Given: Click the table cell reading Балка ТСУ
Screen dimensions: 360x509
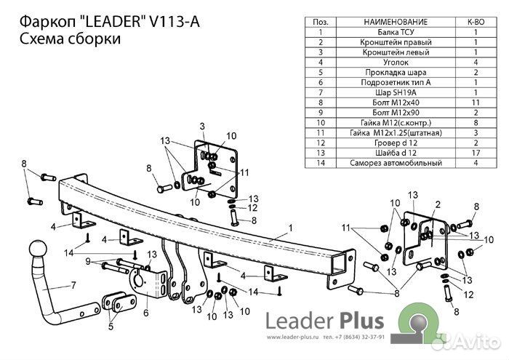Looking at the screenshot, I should (393, 33).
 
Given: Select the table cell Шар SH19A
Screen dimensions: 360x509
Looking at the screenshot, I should (393, 93).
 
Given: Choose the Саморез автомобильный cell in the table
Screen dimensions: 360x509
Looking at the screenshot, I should (393, 163).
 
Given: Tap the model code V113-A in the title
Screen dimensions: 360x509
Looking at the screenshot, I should (172, 22).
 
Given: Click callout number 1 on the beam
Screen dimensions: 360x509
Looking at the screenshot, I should (290, 228).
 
